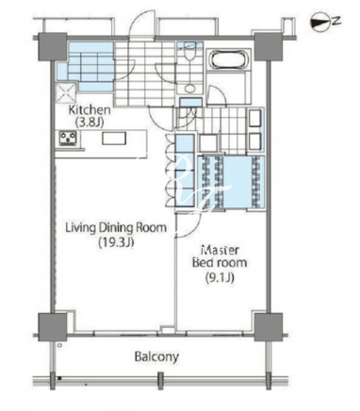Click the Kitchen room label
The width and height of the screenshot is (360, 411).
point(90,110)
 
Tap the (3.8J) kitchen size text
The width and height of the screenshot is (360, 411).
point(90,123)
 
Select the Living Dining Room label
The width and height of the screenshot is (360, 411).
point(116,227)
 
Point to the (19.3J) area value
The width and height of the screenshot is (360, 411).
point(116,242)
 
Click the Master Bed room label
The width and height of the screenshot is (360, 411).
point(220,256)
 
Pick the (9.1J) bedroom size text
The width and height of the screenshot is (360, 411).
point(220,277)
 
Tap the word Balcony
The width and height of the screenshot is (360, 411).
point(156,357)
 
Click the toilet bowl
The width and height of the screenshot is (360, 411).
point(189,53)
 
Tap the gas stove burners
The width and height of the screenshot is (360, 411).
point(68,138)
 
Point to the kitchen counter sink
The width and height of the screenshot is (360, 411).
point(114,139)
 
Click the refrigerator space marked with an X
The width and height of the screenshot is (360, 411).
point(66,92)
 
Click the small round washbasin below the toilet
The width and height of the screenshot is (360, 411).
point(189,89)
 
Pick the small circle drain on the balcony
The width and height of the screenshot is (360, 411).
point(59,345)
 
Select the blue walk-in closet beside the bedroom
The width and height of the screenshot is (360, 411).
point(231,182)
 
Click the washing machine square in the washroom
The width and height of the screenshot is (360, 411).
point(207,143)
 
